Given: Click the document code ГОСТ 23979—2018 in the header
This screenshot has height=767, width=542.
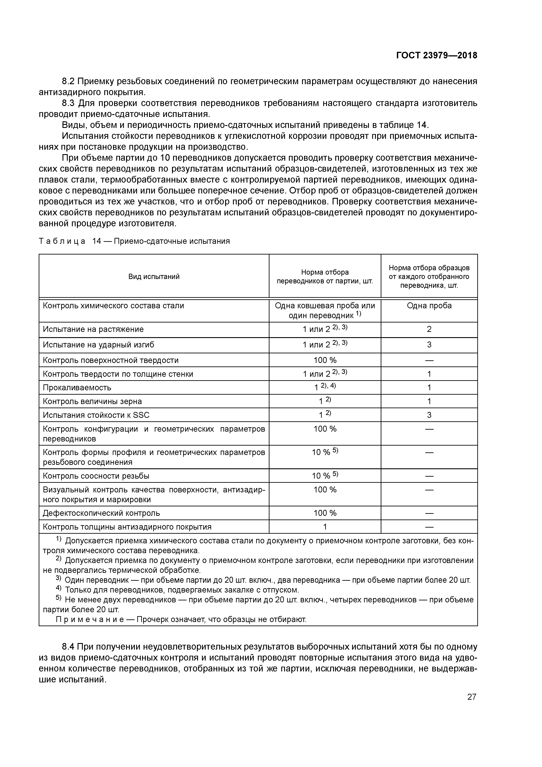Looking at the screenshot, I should pyautogui.click(x=436, y=56).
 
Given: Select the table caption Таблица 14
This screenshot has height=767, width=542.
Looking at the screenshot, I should pyautogui.click(x=70, y=241).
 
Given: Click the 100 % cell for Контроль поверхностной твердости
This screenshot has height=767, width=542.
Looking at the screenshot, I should pyautogui.click(x=325, y=360).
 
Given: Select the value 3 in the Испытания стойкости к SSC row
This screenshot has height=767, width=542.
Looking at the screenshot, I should pyautogui.click(x=429, y=415).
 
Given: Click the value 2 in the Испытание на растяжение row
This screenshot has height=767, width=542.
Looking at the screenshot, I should pyautogui.click(x=429, y=329).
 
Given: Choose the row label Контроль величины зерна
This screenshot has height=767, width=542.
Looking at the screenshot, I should pyautogui.click(x=92, y=401).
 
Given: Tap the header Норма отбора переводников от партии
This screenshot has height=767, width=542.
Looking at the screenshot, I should pyautogui.click(x=325, y=277).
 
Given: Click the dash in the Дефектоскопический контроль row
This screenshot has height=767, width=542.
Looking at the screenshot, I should pyautogui.click(x=429, y=513).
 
